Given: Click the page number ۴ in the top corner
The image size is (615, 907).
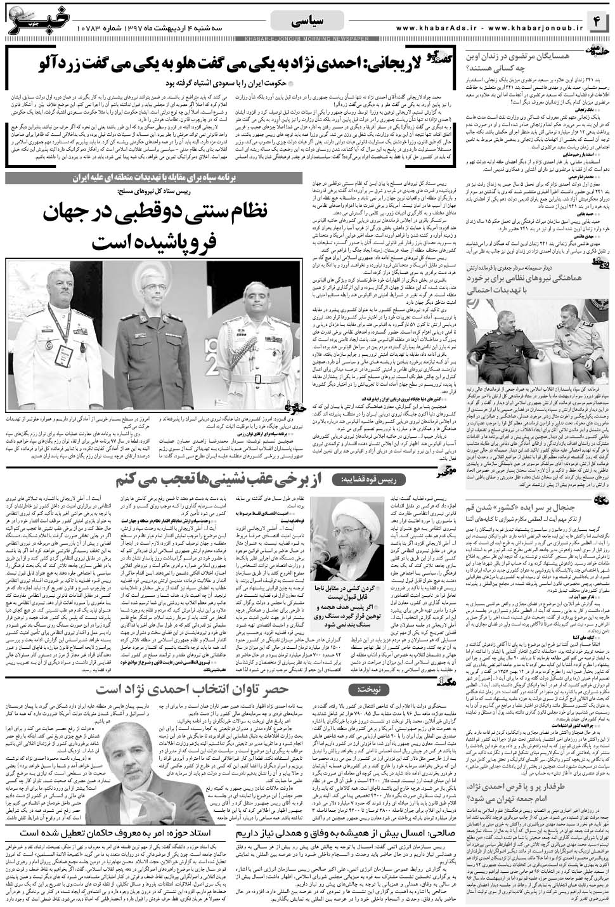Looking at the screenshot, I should pos(598,21).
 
